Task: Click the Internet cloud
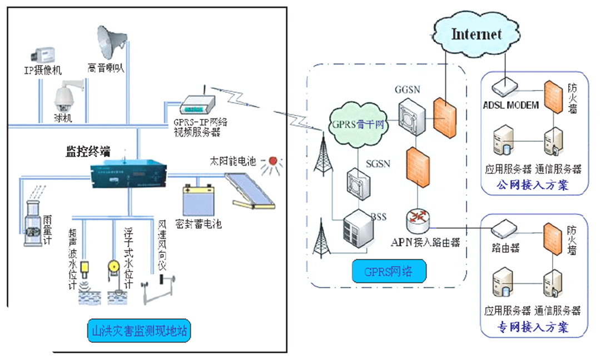[476, 34]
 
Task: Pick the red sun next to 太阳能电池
[272, 162]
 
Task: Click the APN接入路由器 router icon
[418, 221]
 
